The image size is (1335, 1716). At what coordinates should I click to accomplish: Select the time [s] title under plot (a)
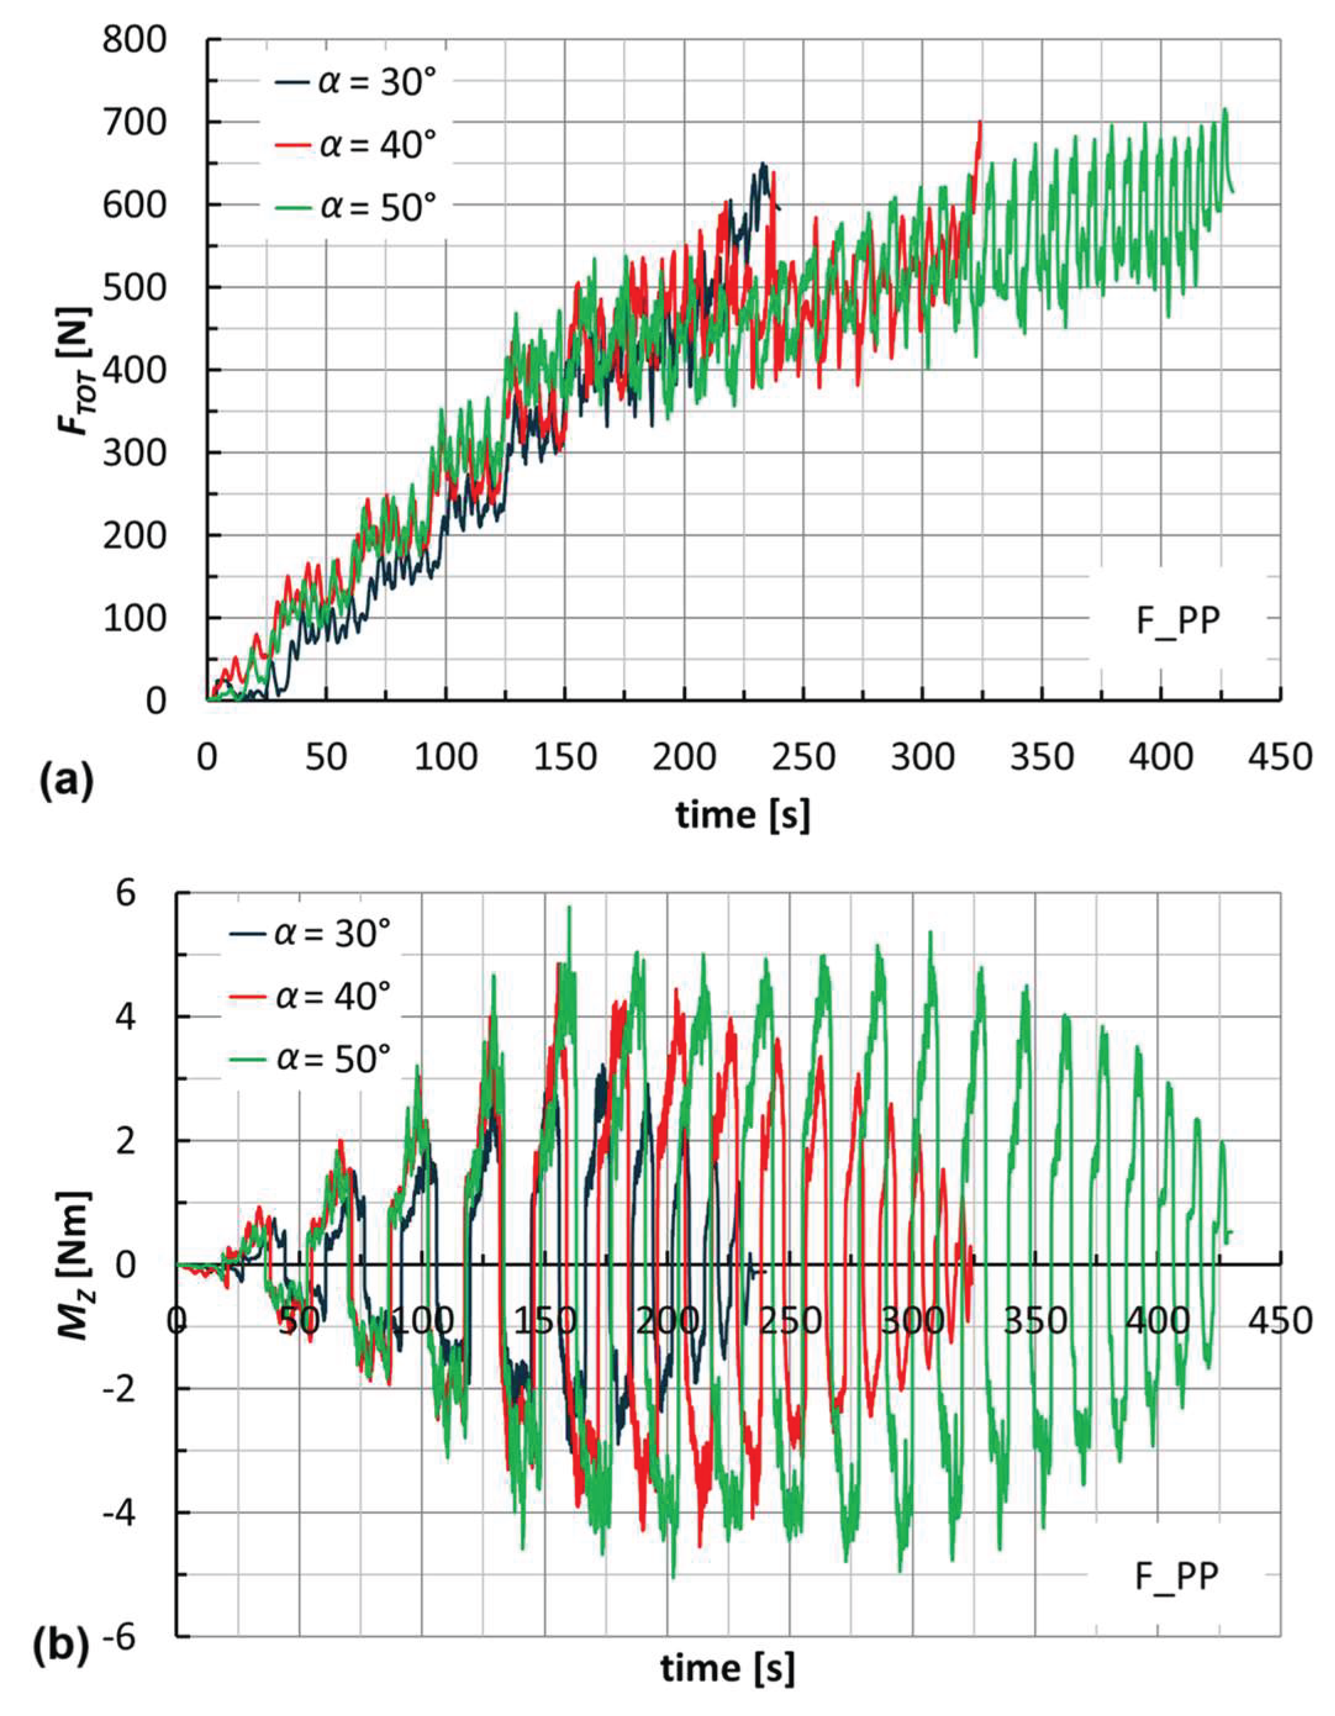743,815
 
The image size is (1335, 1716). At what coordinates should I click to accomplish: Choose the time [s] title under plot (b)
727,1687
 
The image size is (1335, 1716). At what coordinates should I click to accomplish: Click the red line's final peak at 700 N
979,123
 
